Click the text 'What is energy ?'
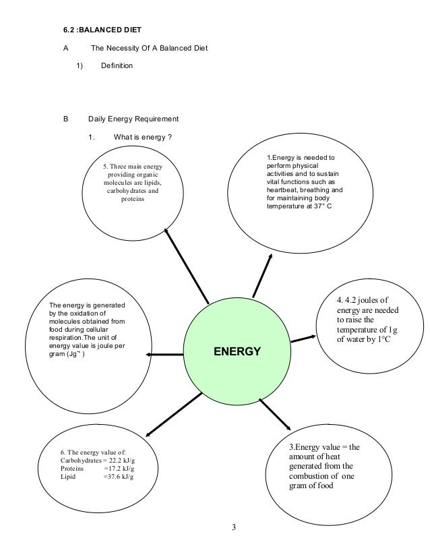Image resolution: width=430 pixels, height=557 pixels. [x=142, y=138]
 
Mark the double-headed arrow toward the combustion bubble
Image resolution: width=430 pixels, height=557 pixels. [x=274, y=415]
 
